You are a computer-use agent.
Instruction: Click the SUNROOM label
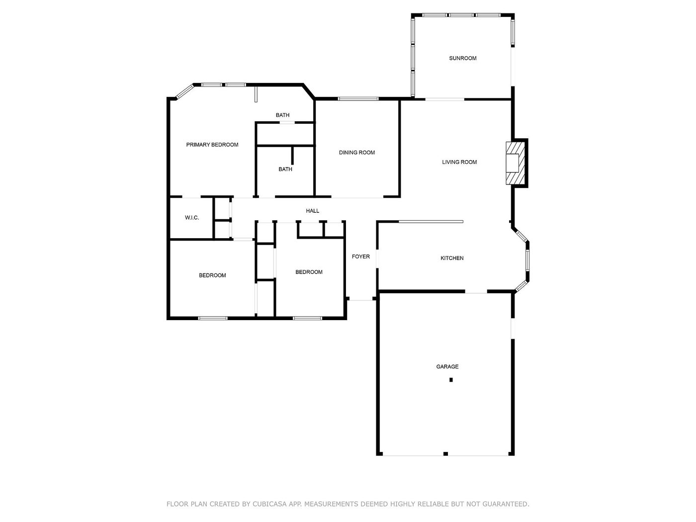coord(463,58)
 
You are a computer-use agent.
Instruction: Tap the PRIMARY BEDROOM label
coord(212,145)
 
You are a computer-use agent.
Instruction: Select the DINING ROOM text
coord(357,153)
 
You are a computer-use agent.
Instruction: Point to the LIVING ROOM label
coord(459,162)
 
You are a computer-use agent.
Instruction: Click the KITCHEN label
coord(452,258)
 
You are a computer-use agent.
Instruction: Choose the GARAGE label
coord(447,366)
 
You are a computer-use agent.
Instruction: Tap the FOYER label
coord(360,257)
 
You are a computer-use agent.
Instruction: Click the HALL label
coord(312,211)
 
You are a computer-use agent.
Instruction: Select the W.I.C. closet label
coord(192,218)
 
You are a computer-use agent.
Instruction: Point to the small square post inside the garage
coord(450,380)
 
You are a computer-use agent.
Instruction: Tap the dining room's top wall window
coord(358,99)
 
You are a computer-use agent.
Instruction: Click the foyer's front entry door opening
coord(360,300)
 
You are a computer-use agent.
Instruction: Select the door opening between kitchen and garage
coord(476,292)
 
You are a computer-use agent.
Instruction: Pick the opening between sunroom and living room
coord(444,99)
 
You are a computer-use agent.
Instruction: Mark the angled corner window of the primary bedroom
coord(184,91)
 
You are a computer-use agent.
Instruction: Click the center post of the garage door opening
coord(445,453)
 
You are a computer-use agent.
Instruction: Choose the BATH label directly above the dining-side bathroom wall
coord(282,115)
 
